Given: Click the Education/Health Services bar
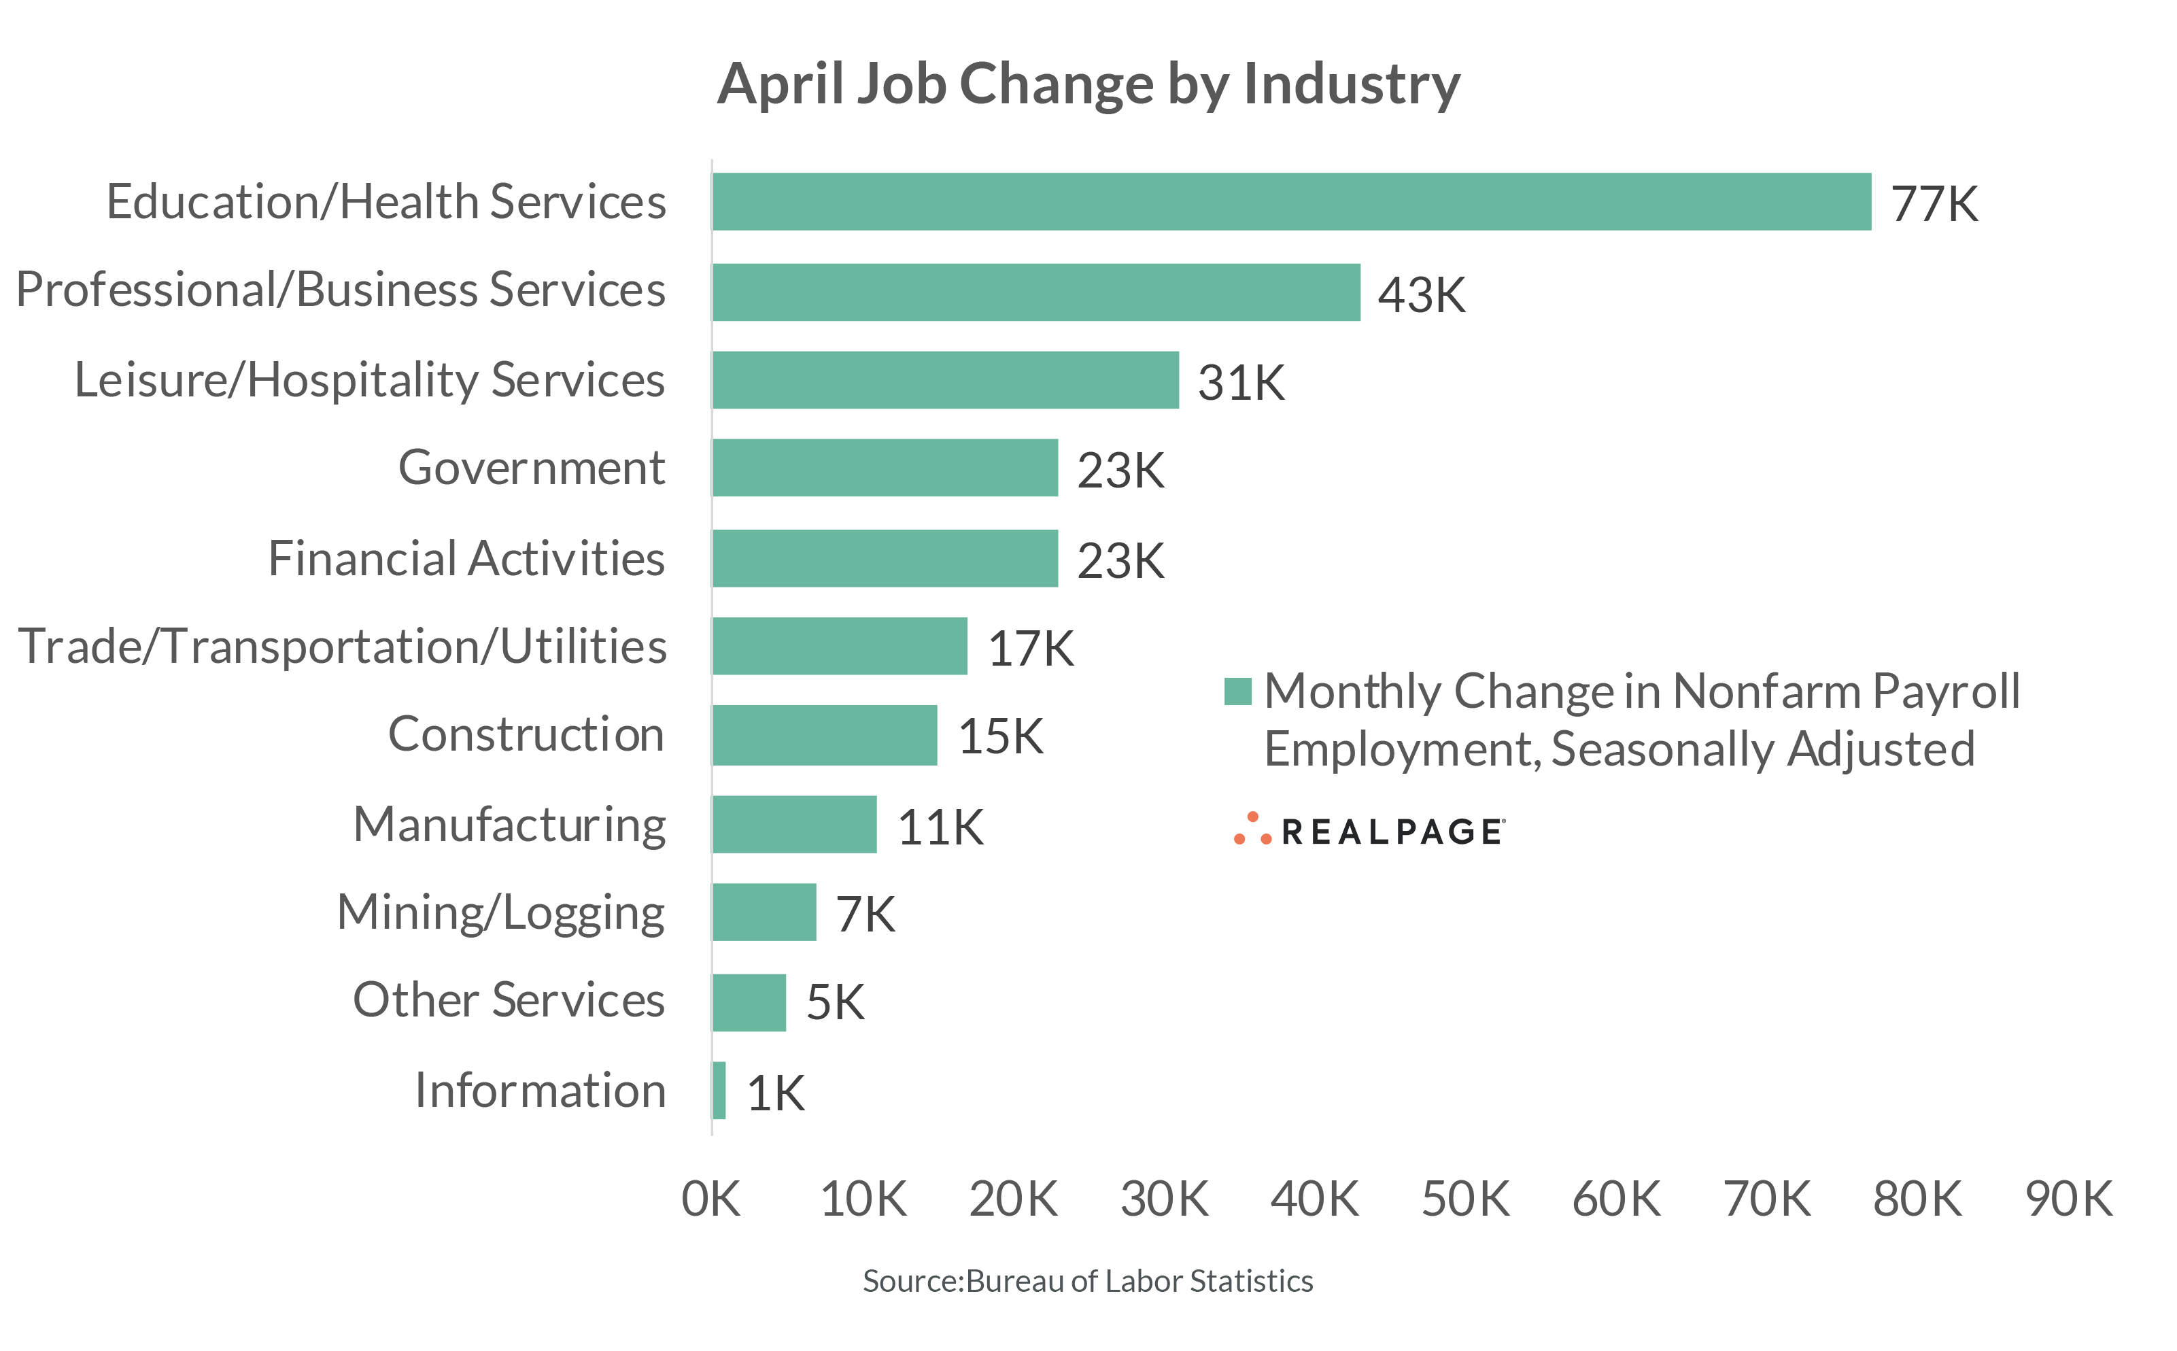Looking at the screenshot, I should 1291,202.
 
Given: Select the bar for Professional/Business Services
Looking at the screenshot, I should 1036,292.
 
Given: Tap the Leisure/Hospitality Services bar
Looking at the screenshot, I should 945,381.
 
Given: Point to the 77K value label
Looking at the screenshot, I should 1934,205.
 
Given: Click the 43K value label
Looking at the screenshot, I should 1421,295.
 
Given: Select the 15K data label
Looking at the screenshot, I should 1001,737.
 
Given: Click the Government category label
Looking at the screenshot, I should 532,467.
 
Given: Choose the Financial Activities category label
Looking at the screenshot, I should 466,558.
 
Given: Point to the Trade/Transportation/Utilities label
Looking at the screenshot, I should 342,647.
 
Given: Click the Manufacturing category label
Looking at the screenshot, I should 509,825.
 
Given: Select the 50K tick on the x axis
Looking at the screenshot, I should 1465,1199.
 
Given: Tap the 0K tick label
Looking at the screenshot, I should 711,1199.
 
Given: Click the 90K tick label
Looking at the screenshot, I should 2069,1199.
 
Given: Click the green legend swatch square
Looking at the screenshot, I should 1237,691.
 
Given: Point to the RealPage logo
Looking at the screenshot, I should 1369,831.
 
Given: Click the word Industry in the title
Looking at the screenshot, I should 1352,85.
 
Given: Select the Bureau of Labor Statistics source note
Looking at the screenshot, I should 1087,1281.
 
